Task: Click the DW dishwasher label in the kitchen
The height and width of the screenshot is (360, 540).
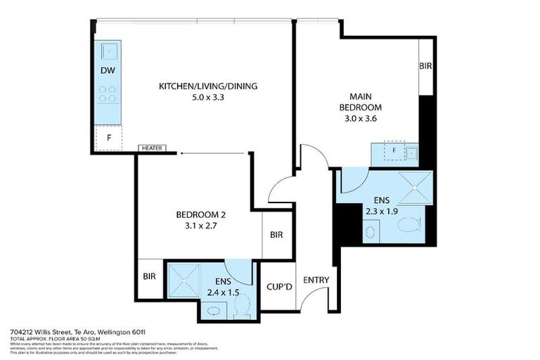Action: coord(107,70)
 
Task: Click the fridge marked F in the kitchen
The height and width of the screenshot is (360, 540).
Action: coord(108,137)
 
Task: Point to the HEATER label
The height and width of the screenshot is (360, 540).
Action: coord(153,148)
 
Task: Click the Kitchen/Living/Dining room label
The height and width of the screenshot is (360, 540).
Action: coord(208,86)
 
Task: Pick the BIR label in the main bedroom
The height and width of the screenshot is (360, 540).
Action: coord(425,65)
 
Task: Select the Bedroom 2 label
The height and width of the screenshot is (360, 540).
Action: coord(200,214)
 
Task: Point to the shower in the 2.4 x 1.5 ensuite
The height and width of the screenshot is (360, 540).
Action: coord(184,279)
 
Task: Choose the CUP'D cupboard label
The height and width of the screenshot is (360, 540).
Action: coord(276,287)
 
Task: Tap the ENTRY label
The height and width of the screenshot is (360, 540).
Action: coord(316,281)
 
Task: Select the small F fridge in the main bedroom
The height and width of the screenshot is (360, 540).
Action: coord(394,150)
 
